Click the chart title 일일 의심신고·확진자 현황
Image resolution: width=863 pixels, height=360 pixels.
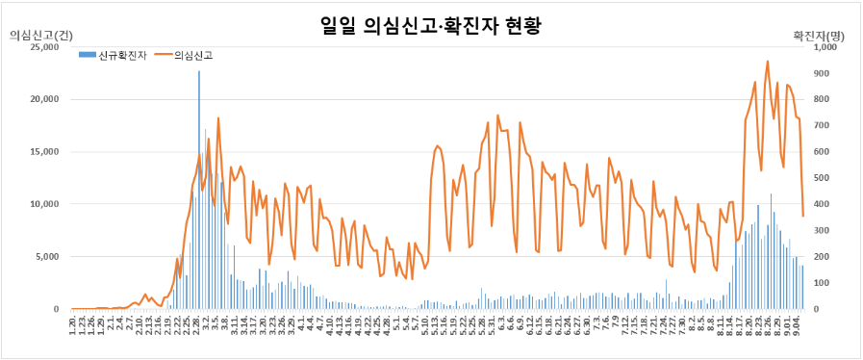tap(431, 26)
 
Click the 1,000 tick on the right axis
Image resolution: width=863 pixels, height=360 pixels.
tap(826, 47)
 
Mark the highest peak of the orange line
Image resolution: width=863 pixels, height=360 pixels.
tap(767, 62)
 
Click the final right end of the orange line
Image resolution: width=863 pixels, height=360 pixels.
tap(803, 216)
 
